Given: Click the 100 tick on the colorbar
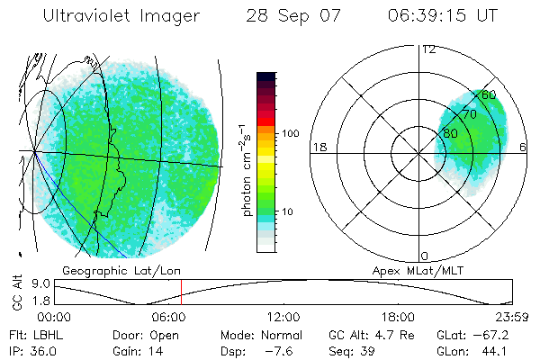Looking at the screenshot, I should point(291,133).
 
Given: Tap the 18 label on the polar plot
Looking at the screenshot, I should point(318,148).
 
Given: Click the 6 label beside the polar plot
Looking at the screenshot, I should point(524,148).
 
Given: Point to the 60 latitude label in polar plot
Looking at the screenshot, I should point(489,94).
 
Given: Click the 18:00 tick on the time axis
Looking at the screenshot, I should point(397,317).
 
